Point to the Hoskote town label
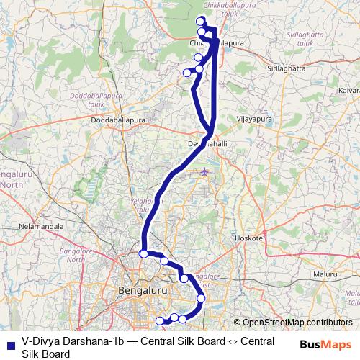pyautogui.click(x=249, y=237)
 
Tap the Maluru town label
pyautogui.click(x=325, y=274)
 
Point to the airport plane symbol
pyautogui.click(x=205, y=171)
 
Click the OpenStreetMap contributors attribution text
pyautogui.click(x=296, y=323)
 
